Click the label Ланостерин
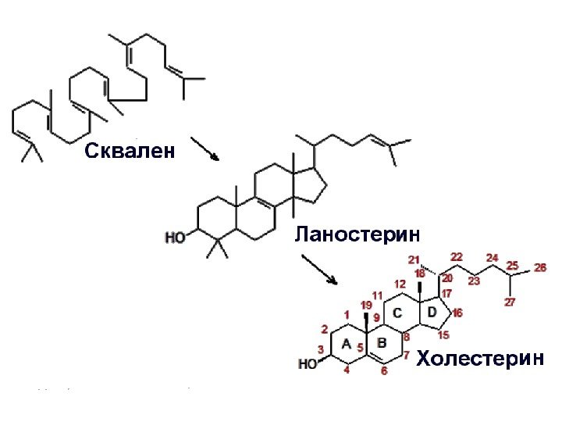click(x=357, y=232)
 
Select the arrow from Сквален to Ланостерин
click(x=205, y=148)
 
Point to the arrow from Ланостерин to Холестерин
click(x=318, y=269)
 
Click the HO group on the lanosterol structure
click(x=176, y=237)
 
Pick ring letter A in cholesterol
click(x=346, y=343)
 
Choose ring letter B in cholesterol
click(x=382, y=342)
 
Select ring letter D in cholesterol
click(x=432, y=312)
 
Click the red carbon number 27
click(x=510, y=302)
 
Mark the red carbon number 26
click(x=540, y=267)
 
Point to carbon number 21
click(x=414, y=259)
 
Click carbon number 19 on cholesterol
click(x=366, y=304)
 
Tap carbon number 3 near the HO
click(x=320, y=349)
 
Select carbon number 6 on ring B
click(x=384, y=372)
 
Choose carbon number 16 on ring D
click(x=457, y=313)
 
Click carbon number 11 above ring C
click(x=378, y=295)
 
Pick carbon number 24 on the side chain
click(x=492, y=257)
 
